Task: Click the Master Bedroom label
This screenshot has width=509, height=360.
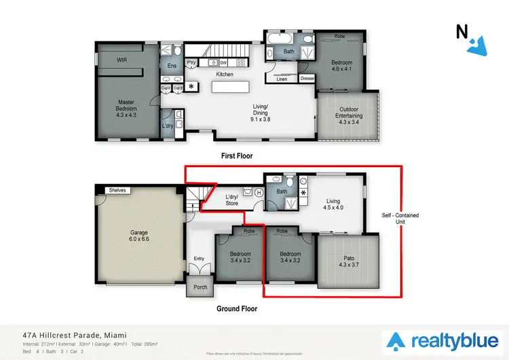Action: (126, 109)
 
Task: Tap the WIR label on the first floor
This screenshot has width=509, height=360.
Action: (121, 60)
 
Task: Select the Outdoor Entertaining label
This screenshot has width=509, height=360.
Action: (350, 115)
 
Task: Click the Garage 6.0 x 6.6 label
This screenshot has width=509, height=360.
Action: (138, 236)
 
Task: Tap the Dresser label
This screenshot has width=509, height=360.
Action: (307, 79)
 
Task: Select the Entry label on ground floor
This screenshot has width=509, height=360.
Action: (199, 258)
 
